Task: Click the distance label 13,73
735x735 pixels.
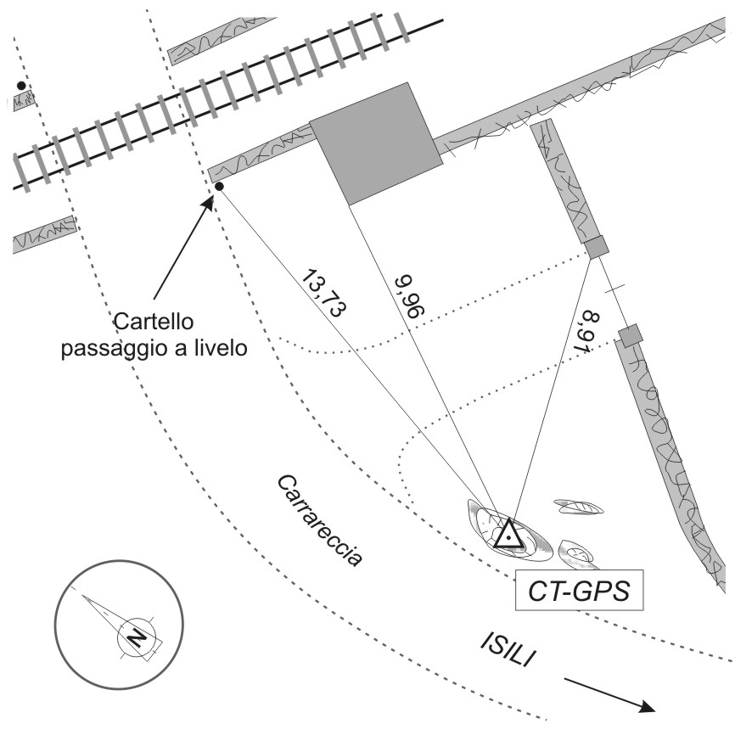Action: (x=324, y=293)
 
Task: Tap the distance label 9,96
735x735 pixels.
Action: (x=409, y=296)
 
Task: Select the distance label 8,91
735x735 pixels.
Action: (x=586, y=331)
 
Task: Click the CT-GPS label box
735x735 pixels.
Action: (x=579, y=590)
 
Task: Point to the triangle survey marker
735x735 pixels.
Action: (x=508, y=535)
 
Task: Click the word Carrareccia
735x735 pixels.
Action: (x=320, y=520)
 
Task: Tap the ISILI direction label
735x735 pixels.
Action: (x=508, y=649)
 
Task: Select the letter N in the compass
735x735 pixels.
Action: (x=136, y=637)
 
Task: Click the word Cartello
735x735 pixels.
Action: (x=154, y=322)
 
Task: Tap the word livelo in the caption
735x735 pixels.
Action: (x=219, y=348)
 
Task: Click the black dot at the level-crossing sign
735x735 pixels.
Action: (x=219, y=187)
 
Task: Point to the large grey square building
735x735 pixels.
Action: (x=376, y=144)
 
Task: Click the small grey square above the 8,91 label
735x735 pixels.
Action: (x=598, y=248)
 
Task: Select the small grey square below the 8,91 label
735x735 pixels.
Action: (x=630, y=335)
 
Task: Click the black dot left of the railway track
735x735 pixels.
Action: (x=21, y=86)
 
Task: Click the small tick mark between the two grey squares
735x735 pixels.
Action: (x=614, y=289)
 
